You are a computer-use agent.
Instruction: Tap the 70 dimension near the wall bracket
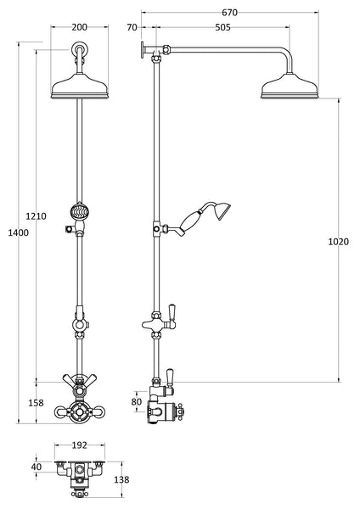(132, 26)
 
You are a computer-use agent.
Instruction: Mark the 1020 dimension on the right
(338, 242)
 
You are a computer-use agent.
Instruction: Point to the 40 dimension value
(36, 466)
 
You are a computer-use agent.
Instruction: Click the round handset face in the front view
(79, 210)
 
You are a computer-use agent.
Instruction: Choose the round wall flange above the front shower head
(79, 50)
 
